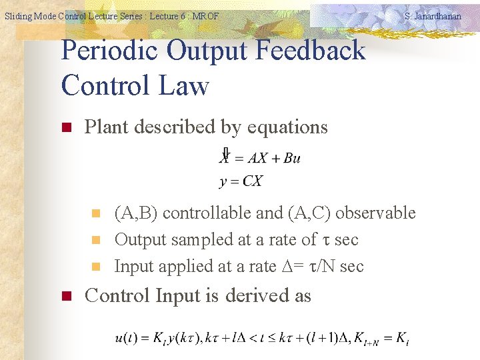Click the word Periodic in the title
pos(109,51)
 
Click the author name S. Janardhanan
pos(433,16)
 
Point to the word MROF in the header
pos(205,16)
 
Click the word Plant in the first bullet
pos(107,127)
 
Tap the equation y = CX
pos(241,181)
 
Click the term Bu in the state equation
pos(291,158)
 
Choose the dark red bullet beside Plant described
pos(67,127)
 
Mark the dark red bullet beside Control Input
pos(67,296)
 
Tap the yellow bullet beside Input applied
pos(95,267)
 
